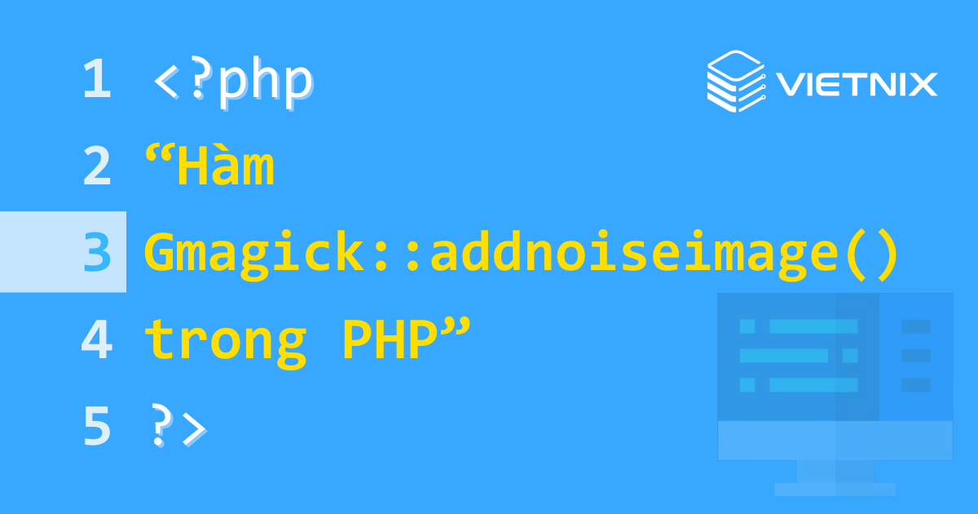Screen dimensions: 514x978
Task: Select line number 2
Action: point(96,166)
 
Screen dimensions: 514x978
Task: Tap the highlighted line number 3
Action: point(96,253)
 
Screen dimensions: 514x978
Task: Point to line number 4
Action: point(96,340)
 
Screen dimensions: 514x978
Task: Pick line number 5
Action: point(96,427)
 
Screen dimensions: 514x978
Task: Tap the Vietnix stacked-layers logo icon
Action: point(734,80)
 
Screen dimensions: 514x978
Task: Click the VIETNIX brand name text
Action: point(857,83)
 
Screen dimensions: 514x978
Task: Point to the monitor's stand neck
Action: point(835,471)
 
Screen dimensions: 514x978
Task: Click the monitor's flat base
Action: point(835,489)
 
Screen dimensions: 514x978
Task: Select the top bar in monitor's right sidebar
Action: point(916,326)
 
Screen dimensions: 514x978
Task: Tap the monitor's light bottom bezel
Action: point(835,441)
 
